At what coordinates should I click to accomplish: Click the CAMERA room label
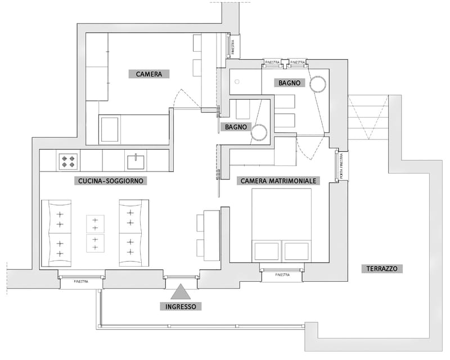coord(149,74)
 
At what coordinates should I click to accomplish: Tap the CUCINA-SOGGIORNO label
coord(110,181)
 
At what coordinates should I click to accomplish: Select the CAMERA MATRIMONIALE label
coord(279,181)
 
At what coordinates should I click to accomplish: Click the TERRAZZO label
coord(380,269)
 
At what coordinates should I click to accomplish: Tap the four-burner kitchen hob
coord(68,161)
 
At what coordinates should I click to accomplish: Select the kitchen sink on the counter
coord(136,161)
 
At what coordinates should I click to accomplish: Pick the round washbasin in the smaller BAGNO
coord(259,132)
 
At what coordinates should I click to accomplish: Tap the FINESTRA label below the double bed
coord(282,274)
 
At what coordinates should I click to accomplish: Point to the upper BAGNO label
coord(290,83)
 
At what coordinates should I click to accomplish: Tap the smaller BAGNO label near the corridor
coord(236,127)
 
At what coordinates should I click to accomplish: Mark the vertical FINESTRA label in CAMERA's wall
coord(232,46)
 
